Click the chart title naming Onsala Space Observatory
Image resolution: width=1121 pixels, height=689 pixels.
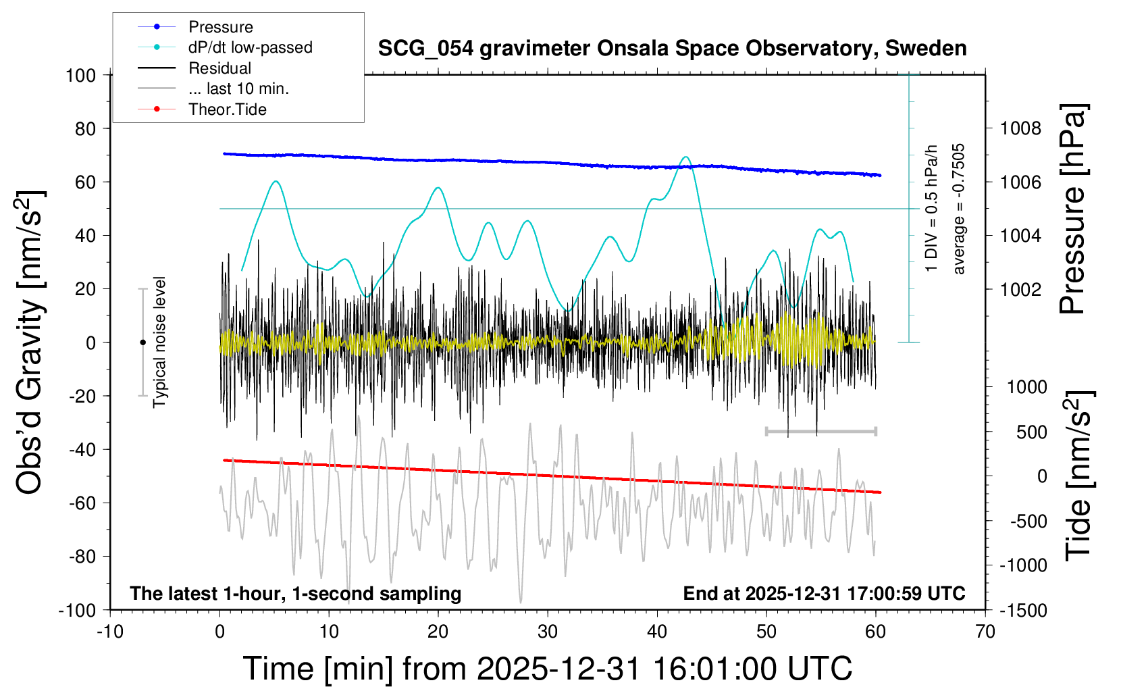(672, 49)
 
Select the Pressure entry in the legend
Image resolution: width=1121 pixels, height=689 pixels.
(220, 27)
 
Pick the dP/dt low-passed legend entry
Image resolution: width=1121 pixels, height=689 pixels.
(250, 47)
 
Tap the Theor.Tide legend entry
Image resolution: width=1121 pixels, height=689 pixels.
(227, 109)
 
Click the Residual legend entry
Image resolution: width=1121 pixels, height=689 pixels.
(219, 68)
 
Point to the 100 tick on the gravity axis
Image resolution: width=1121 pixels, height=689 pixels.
(80, 75)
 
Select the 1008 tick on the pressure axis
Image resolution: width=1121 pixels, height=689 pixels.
(1020, 128)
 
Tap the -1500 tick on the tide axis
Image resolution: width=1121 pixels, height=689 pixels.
(1023, 610)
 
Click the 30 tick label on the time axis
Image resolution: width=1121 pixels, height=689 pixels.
(548, 632)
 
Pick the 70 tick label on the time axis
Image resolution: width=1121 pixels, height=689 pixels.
(985, 632)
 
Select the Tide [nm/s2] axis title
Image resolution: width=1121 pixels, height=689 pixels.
(1078, 476)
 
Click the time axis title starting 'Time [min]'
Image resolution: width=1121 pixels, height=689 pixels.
(547, 669)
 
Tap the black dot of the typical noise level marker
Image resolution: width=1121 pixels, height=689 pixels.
(142, 342)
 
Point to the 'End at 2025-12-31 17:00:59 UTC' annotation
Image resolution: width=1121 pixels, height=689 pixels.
(824, 594)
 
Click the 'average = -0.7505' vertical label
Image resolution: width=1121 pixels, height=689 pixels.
(958, 209)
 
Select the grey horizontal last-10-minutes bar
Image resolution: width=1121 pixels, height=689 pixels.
(820, 431)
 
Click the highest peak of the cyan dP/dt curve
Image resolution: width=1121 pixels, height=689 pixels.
(686, 157)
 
